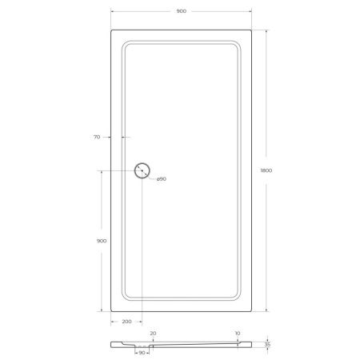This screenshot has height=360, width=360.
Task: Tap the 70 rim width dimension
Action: click(96, 138)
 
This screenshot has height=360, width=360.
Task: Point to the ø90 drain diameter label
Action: click(161, 178)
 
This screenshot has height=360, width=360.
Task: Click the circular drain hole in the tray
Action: click(142, 170)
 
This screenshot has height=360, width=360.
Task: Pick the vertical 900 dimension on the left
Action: click(101, 240)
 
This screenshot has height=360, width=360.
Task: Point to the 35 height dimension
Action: click(270, 345)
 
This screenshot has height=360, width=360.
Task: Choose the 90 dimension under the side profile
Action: click(142, 353)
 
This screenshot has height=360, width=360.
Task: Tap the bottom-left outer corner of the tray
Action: click(110, 311)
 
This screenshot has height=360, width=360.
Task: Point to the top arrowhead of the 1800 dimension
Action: click(265, 31)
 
